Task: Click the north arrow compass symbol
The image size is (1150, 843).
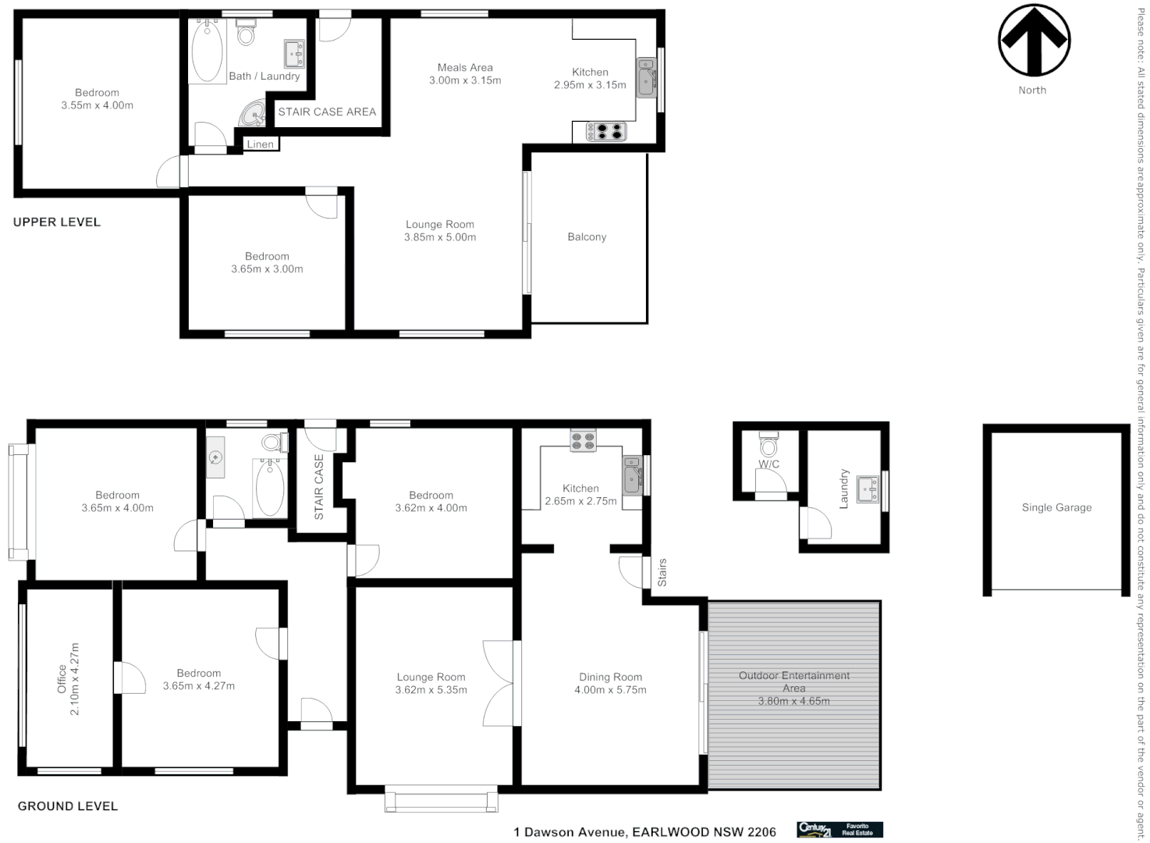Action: (1033, 41)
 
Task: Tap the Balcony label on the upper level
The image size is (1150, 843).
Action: (587, 237)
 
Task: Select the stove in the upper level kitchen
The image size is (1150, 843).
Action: (606, 131)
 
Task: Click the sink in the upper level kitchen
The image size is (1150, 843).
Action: (646, 77)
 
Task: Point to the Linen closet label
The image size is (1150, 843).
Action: (260, 144)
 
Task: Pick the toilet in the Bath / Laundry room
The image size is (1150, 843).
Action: (246, 34)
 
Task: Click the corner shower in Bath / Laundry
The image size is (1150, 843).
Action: (252, 114)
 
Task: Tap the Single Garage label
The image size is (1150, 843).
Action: (1056, 507)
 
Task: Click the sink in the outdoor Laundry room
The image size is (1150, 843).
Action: (867, 489)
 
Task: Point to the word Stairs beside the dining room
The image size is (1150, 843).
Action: (662, 572)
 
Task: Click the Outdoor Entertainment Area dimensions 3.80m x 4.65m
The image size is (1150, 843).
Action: (793, 701)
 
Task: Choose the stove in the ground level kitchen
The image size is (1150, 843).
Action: (583, 441)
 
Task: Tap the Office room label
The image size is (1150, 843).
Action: (62, 680)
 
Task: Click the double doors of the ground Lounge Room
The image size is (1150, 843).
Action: (499, 684)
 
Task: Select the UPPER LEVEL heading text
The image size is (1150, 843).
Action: (57, 222)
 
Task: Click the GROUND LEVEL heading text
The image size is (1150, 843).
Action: (68, 806)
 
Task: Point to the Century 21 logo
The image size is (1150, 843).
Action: (815, 830)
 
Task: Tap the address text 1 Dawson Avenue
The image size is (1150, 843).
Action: (570, 832)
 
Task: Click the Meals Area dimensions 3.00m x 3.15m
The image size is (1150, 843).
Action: (465, 80)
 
